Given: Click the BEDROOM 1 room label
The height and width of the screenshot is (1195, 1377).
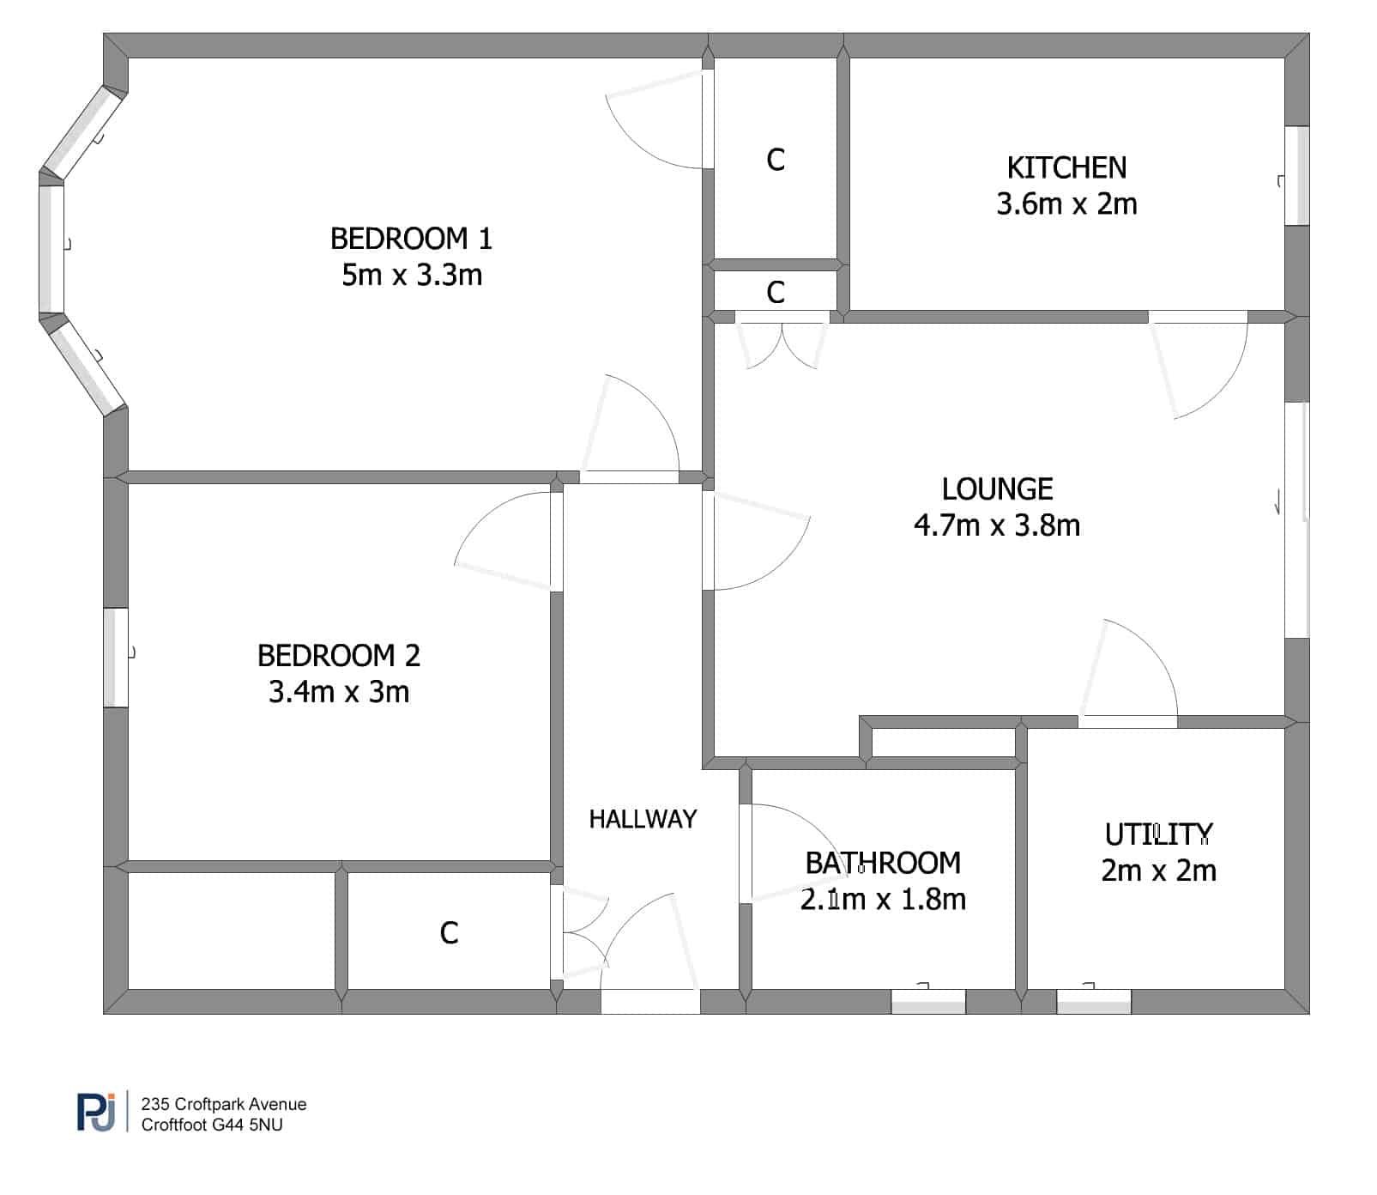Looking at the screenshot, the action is click(412, 238).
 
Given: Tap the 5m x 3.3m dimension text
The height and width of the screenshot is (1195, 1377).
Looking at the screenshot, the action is click(412, 275).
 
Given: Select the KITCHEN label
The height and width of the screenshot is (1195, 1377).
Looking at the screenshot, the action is click(1066, 167).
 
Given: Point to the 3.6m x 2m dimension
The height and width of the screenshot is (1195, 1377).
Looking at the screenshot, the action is click(1066, 203).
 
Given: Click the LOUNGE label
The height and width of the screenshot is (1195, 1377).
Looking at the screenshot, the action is click(997, 488).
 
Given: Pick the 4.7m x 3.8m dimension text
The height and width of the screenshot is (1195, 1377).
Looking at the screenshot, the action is click(997, 525).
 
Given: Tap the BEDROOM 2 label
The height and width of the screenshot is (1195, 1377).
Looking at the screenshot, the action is click(339, 655).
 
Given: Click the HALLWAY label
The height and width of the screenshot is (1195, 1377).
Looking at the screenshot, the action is click(643, 819).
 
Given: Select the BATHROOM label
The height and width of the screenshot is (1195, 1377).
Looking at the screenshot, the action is click(883, 862).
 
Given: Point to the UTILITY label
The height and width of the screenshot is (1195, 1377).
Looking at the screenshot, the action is click(1158, 834).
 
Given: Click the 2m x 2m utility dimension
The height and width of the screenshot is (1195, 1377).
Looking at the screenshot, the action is click(1158, 870).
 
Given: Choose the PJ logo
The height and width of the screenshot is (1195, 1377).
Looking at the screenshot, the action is click(96, 1113).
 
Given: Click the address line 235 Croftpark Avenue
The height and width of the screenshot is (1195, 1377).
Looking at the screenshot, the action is click(224, 1104).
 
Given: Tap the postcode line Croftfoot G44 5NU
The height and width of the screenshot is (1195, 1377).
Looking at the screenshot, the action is click(212, 1125).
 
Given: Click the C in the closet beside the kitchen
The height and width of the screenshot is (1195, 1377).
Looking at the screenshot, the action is click(776, 160).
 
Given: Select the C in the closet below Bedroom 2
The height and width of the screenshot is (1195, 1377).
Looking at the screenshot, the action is click(449, 932).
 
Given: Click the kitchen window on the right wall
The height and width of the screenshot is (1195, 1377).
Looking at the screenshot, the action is click(1296, 176).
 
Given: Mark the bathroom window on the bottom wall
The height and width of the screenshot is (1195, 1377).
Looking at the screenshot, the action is click(928, 1001).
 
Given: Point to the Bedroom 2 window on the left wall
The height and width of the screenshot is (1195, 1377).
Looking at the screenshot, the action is click(116, 658).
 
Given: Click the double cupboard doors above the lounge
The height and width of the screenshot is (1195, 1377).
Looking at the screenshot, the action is click(782, 340).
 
